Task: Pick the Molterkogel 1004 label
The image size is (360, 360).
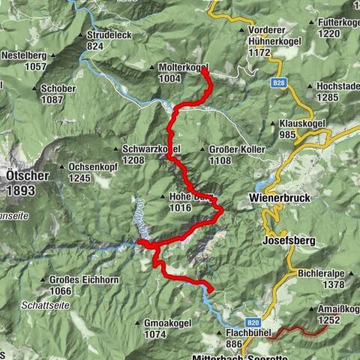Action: tap(183, 73)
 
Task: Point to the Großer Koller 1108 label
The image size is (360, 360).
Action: tap(235, 154)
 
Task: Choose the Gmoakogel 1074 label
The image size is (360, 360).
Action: tap(165, 328)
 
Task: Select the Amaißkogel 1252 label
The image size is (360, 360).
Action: tap(334, 315)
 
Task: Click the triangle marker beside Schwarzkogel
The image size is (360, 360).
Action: tap(115, 148)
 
